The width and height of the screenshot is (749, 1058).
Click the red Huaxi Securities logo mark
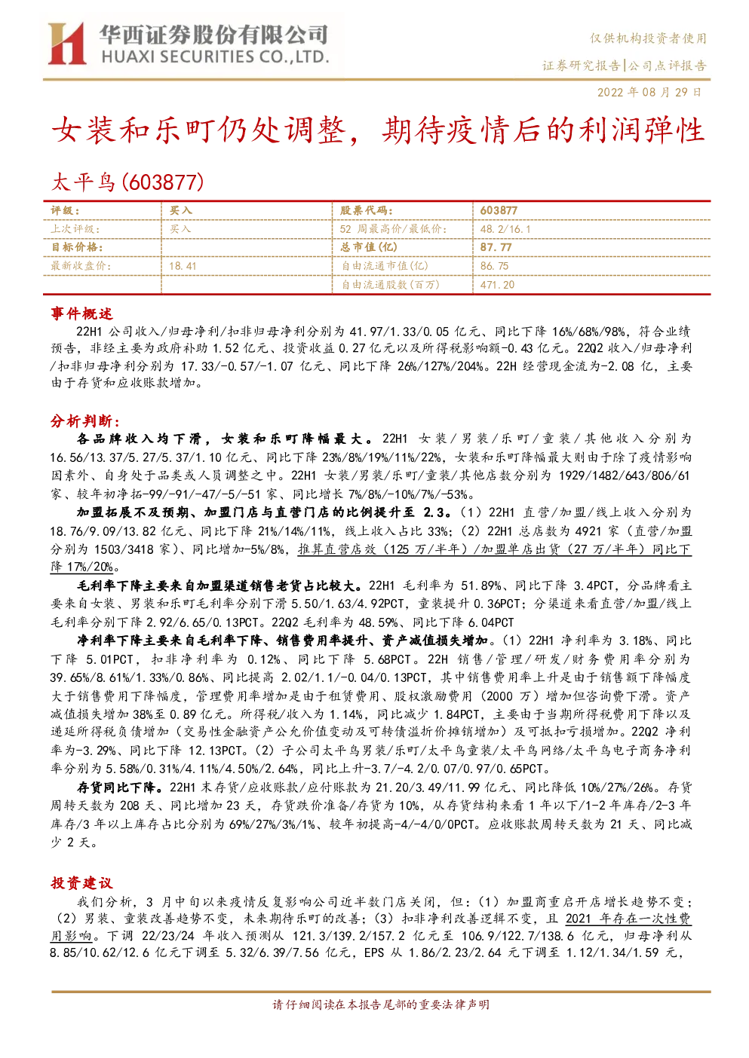point(67,44)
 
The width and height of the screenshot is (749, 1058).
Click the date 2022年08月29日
point(649,92)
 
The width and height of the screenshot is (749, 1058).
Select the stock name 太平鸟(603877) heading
point(127,182)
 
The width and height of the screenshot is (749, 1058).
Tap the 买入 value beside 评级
point(180,211)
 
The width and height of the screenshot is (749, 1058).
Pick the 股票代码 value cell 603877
point(499,211)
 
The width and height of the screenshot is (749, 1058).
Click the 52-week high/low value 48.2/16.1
point(505,229)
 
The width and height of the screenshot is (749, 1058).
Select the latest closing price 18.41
point(183,266)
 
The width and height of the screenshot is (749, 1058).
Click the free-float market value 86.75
point(495,266)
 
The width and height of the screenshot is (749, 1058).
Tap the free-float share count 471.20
point(497,285)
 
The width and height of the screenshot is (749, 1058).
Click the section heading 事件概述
point(81,313)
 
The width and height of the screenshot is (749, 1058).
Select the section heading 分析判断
point(85,420)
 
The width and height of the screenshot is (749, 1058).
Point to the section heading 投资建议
point(81,882)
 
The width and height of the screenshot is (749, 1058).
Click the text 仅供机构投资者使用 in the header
point(648,38)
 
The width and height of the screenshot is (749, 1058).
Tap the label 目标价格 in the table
point(77,247)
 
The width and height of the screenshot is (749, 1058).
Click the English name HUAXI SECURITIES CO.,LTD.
point(215,57)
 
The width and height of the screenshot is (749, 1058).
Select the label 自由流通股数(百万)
point(391,285)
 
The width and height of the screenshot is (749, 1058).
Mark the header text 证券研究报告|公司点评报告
point(625,65)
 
